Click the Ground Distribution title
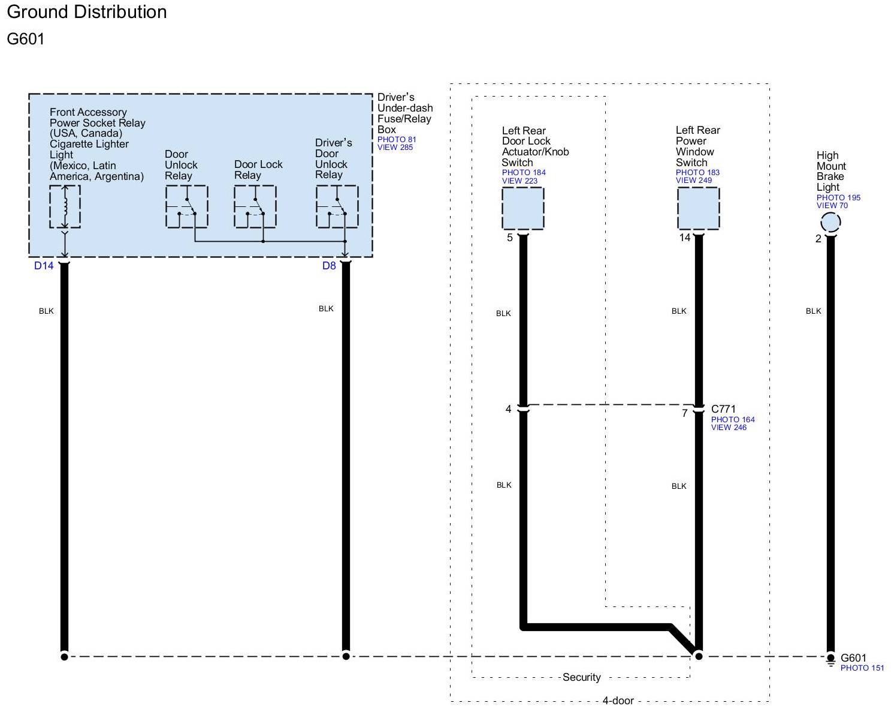[x=87, y=12]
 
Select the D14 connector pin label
[x=44, y=266]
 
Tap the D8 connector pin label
[x=329, y=266]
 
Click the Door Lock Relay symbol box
[x=255, y=207]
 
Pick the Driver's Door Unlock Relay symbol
[x=337, y=207]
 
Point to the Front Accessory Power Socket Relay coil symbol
[x=65, y=207]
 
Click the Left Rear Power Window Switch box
[x=698, y=209]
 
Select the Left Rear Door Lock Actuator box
[x=523, y=209]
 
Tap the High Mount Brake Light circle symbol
[x=830, y=223]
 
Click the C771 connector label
[x=723, y=409]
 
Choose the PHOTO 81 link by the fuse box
[x=397, y=140]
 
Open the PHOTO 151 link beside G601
[x=862, y=668]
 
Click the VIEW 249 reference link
[x=694, y=180]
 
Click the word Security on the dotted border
[x=581, y=677]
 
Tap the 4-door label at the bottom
[x=618, y=701]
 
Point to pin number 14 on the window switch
[x=685, y=238]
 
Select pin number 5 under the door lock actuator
[x=510, y=238]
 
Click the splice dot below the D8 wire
[x=346, y=656]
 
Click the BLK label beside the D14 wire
[x=46, y=311]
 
